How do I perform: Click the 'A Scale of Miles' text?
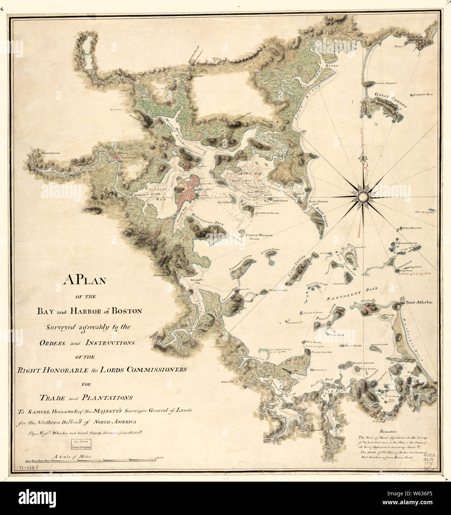72,457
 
